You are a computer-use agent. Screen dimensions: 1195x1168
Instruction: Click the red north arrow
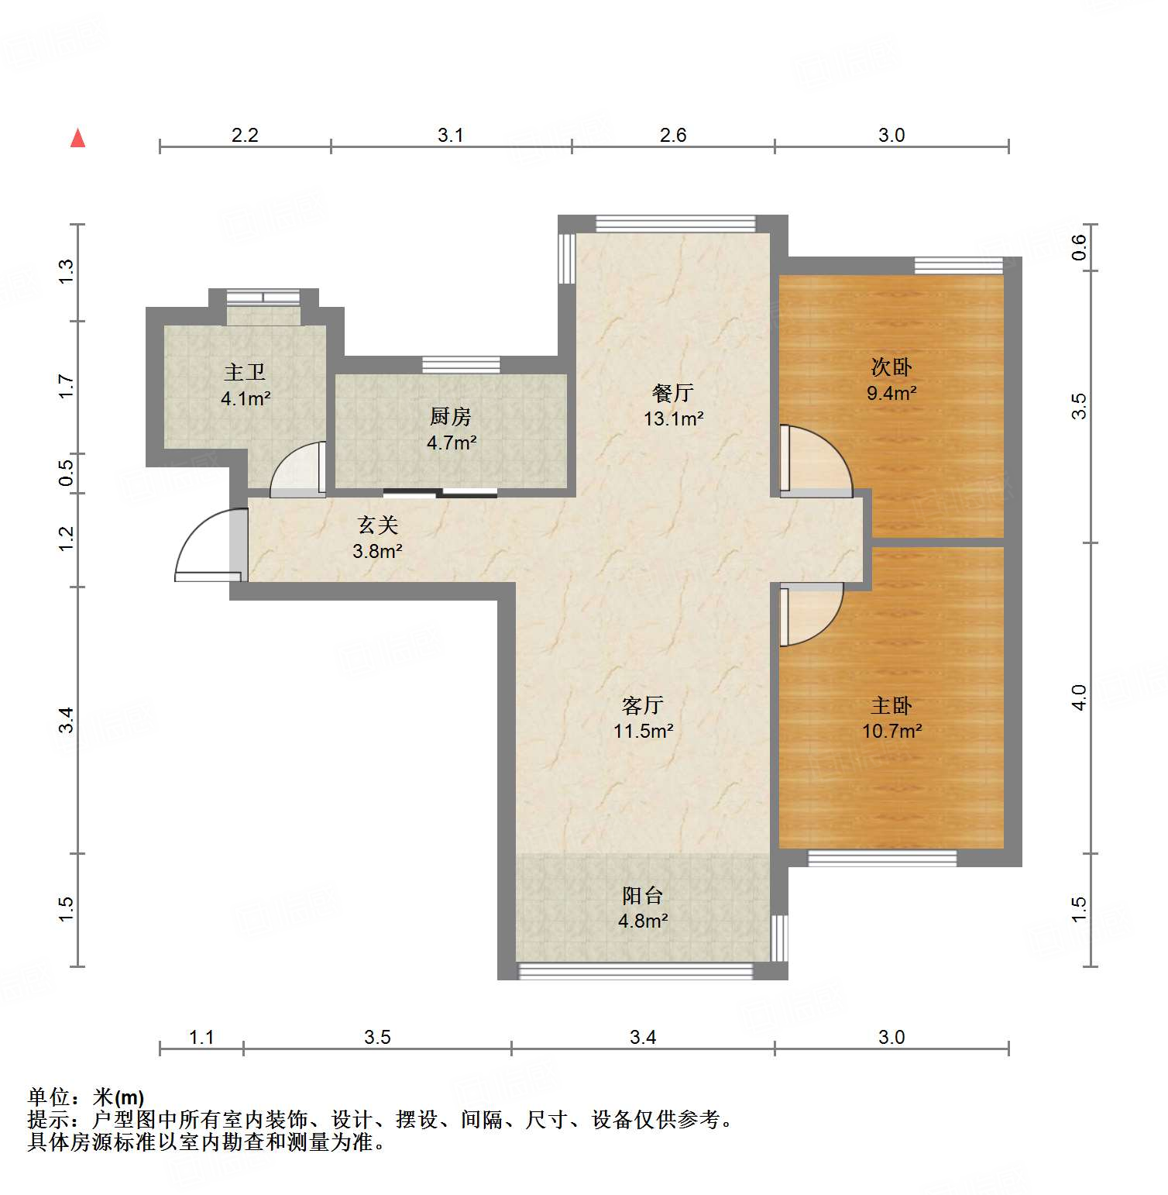click(77, 138)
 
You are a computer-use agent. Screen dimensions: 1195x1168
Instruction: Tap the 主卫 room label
click(245, 373)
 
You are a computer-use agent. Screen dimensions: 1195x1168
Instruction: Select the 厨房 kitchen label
click(450, 417)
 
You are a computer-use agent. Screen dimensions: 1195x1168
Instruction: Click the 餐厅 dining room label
click(672, 393)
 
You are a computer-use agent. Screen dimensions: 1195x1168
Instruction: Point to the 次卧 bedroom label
click(891, 367)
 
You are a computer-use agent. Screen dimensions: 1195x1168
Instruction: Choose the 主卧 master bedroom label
click(891, 705)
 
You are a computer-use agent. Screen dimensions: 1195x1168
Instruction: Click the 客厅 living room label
click(642, 705)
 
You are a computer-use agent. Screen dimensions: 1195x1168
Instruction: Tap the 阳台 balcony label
click(642, 895)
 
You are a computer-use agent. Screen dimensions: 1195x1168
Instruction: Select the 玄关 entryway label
click(377, 525)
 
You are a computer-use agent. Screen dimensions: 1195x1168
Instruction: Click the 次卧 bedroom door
click(813, 461)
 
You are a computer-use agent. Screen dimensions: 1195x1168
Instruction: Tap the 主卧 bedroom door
click(809, 612)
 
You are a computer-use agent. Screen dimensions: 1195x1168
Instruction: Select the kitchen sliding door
click(440, 493)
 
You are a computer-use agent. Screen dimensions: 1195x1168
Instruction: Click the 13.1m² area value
click(673, 419)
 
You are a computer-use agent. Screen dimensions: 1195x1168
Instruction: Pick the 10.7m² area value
click(891, 731)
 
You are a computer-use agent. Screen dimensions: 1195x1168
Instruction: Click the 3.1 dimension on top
click(450, 135)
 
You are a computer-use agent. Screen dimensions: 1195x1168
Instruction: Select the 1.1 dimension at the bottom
click(201, 1037)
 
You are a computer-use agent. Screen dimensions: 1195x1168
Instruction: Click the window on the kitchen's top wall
click(461, 364)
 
